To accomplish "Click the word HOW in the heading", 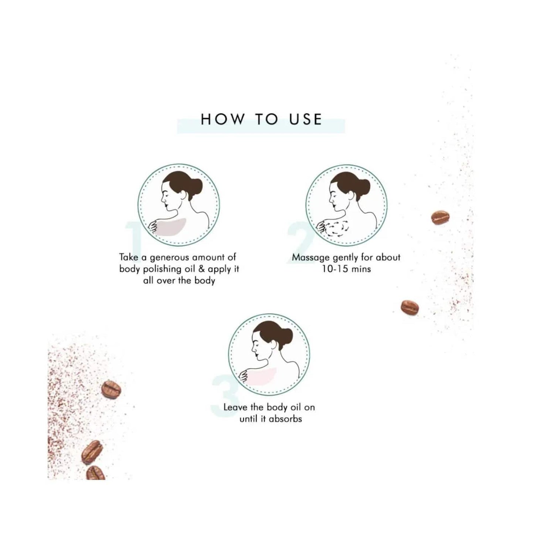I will (x=222, y=119).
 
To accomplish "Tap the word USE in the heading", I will (x=306, y=119).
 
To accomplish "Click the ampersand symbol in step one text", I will (x=201, y=269).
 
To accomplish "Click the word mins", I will (x=361, y=269).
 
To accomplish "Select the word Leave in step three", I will (x=236, y=407).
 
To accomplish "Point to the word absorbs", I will (x=285, y=419).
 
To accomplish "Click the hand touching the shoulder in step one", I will (x=153, y=226).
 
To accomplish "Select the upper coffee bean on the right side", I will (x=440, y=218).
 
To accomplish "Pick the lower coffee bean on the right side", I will (x=410, y=307).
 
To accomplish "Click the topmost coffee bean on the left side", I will (x=111, y=389).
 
